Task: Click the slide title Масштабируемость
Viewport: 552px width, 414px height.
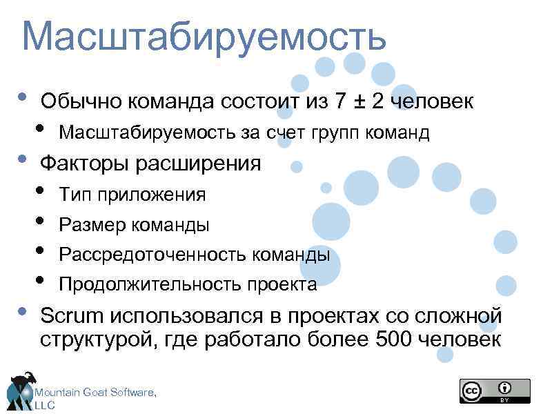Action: pyautogui.click(x=204, y=38)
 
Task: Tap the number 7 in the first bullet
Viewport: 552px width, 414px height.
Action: pyautogui.click(x=340, y=101)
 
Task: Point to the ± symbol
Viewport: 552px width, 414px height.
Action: pyautogui.click(x=359, y=102)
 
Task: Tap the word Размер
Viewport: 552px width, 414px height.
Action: pyautogui.click(x=88, y=225)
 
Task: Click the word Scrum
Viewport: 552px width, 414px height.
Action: pyautogui.click(x=72, y=316)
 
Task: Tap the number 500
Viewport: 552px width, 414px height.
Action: pyautogui.click(x=395, y=339)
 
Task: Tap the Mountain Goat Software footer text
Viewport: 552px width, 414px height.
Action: pyautogui.click(x=95, y=393)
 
